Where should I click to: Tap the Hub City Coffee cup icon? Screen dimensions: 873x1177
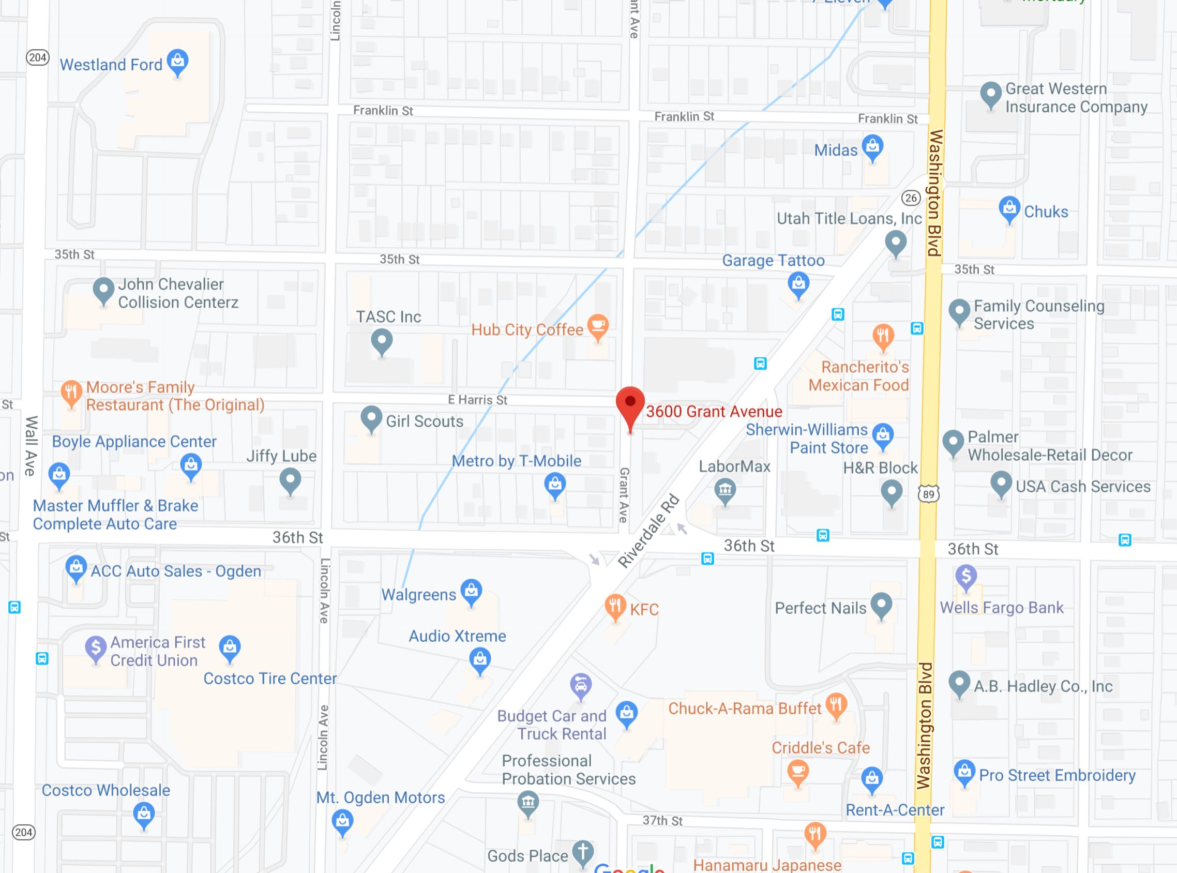597,326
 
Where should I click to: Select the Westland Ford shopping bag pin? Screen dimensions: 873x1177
178,62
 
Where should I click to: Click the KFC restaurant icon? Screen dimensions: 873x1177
615,607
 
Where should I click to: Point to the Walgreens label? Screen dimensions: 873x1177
418,595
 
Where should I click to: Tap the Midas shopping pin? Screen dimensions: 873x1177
873,146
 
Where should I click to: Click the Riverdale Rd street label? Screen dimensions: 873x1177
648,531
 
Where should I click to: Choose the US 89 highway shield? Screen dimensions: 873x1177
928,494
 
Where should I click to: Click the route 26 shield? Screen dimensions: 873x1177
911,198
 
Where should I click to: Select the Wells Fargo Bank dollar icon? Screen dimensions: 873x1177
965,576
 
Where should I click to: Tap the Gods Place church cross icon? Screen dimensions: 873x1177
583,851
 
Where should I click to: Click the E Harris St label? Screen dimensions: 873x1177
477,400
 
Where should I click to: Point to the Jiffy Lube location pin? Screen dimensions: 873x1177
290,481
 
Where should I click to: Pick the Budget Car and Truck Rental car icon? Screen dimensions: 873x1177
581,685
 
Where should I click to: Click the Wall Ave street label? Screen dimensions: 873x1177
31,445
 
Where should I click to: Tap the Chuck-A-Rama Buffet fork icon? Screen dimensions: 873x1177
836,704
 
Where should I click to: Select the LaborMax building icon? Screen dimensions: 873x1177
725,490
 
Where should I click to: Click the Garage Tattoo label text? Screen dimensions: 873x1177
773,261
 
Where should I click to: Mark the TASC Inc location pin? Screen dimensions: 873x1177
382,341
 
